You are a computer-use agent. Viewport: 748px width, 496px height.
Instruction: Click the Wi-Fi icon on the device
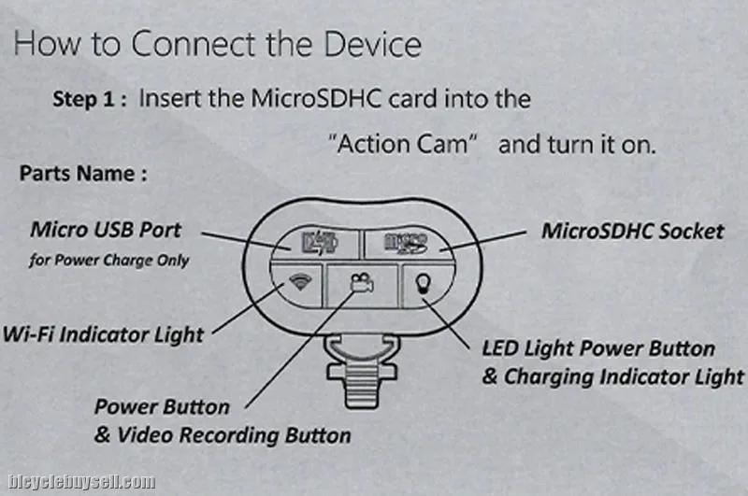click(300, 281)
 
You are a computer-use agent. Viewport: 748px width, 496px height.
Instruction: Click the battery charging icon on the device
click(320, 243)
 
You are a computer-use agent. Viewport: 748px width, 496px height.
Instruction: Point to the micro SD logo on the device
click(406, 243)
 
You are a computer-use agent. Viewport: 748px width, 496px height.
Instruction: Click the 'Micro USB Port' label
click(106, 230)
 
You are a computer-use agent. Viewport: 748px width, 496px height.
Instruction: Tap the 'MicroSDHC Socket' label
click(633, 231)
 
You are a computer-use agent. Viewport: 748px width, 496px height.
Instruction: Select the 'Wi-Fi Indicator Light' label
click(103, 334)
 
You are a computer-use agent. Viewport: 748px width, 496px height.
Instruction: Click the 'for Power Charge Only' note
click(108, 261)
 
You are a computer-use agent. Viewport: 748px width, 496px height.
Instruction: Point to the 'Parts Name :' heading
click(83, 174)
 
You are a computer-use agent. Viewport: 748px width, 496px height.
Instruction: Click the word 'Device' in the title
click(372, 44)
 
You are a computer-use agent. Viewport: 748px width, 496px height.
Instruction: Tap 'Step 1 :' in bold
click(89, 99)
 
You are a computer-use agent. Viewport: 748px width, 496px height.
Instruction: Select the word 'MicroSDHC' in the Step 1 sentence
click(316, 99)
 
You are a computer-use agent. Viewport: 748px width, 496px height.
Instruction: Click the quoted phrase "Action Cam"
click(403, 144)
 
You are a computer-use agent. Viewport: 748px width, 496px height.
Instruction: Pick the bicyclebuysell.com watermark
click(81, 482)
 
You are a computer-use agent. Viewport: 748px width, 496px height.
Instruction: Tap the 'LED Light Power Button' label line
click(598, 348)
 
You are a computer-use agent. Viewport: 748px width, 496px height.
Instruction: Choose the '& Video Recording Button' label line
click(223, 435)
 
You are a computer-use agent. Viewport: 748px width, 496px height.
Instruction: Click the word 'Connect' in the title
click(194, 44)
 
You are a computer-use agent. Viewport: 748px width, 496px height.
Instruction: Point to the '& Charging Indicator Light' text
click(612, 376)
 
